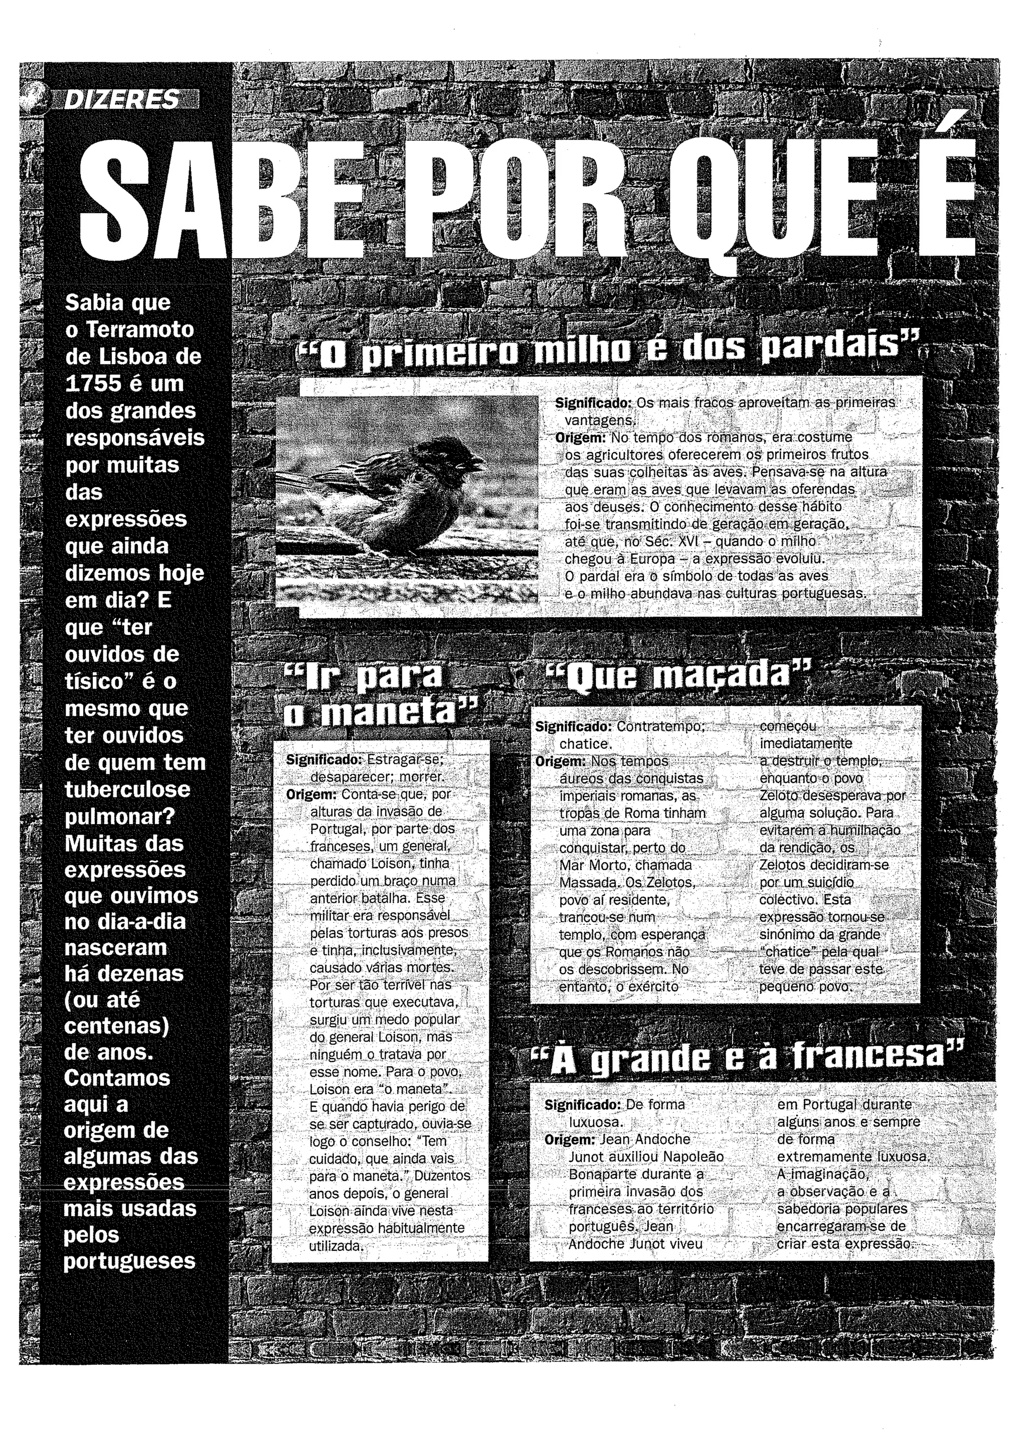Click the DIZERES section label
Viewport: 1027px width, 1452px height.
(122, 100)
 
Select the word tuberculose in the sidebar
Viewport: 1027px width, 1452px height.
(127, 789)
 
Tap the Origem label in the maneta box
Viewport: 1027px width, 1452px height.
(311, 794)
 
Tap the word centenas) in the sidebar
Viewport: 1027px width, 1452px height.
(117, 1026)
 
